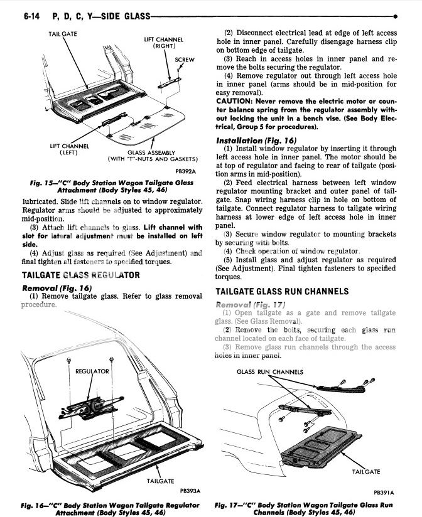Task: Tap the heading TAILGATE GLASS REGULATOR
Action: click(81, 275)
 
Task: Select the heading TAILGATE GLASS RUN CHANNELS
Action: click(281, 292)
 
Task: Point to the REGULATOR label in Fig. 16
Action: click(92, 371)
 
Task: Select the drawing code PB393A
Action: click(190, 491)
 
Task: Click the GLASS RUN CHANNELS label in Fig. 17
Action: click(270, 372)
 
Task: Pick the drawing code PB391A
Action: click(392, 493)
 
